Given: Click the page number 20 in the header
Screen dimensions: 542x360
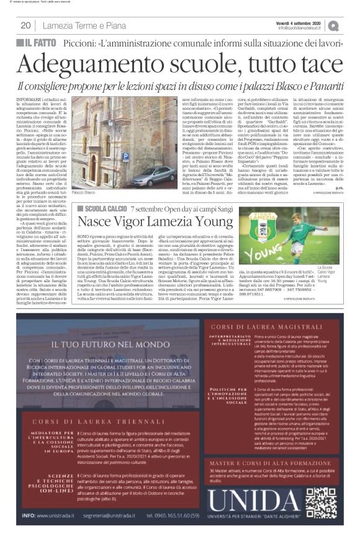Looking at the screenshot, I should click(25, 25).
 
